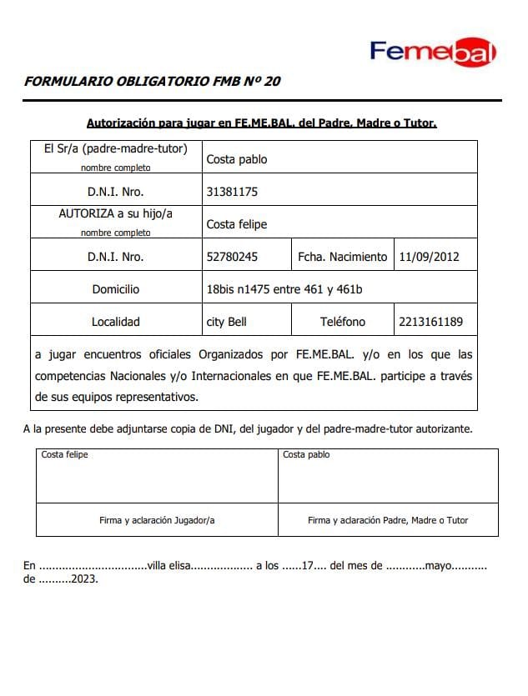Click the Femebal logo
click(x=433, y=52)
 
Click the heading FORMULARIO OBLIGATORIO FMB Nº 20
click(x=153, y=82)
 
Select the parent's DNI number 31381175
click(x=232, y=192)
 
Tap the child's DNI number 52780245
click(x=232, y=257)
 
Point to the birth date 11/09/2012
click(x=429, y=257)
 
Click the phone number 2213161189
click(x=431, y=322)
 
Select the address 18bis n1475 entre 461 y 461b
click(x=284, y=289)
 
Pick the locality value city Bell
click(x=226, y=322)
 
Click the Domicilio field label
click(x=116, y=289)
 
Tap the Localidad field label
click(x=116, y=322)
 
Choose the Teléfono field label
click(x=342, y=322)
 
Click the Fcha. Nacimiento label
click(x=342, y=257)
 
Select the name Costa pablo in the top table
click(x=237, y=159)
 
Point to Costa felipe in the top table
click(x=237, y=224)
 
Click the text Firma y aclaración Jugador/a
click(x=157, y=520)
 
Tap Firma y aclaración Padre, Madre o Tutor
click(x=388, y=520)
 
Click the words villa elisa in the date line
click(x=168, y=566)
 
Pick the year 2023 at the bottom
click(x=83, y=579)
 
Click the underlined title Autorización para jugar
click(x=261, y=123)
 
